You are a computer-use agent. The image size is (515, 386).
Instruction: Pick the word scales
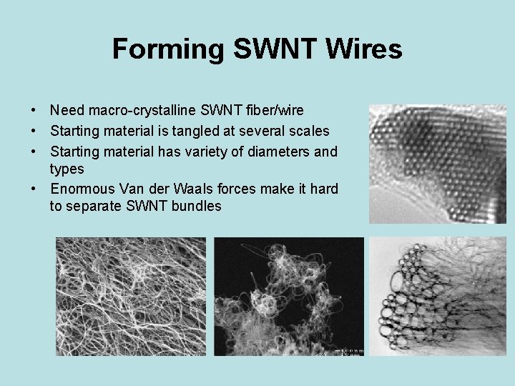pos(310,131)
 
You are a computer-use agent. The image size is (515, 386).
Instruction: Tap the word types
pos(67,169)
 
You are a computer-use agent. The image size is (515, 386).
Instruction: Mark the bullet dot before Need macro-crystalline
pos(34,111)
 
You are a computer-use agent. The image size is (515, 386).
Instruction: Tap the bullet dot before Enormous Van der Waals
pos(34,189)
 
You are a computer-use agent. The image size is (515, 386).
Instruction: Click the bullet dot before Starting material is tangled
pos(34,132)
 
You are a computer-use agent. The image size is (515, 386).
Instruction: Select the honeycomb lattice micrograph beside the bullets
pos(437,164)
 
